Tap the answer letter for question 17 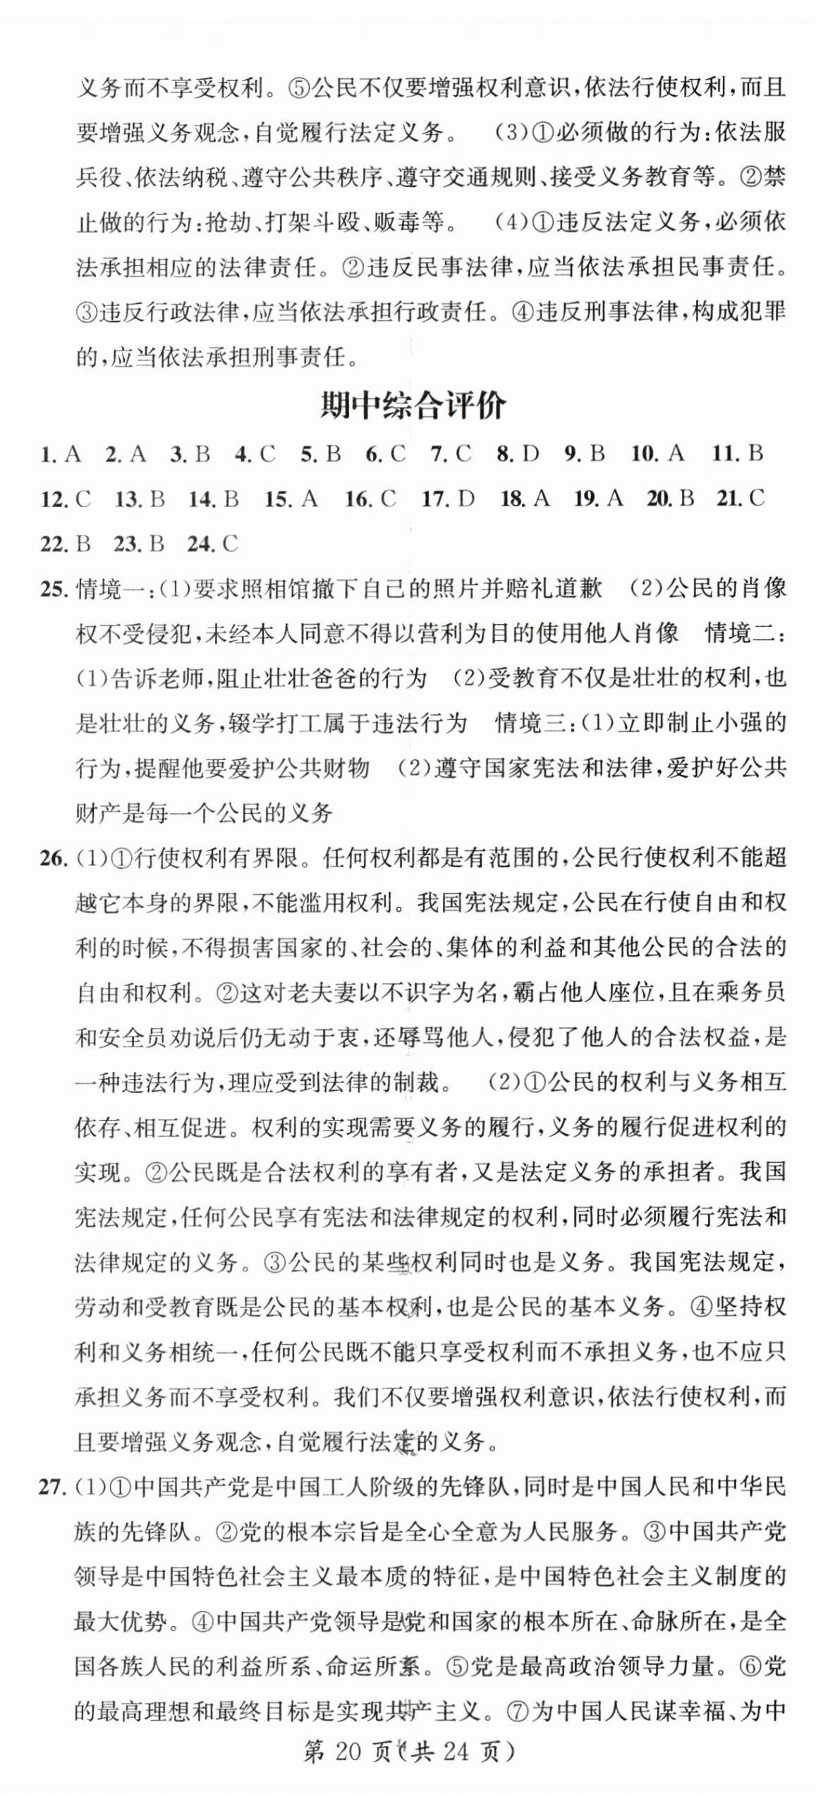[x=465, y=499]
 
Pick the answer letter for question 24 [x=230, y=544]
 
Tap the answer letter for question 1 [x=72, y=453]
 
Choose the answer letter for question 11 [x=755, y=453]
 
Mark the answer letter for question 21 [x=756, y=499]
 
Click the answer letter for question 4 [x=267, y=453]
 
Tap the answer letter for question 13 [x=157, y=499]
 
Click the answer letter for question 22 [x=83, y=544]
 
